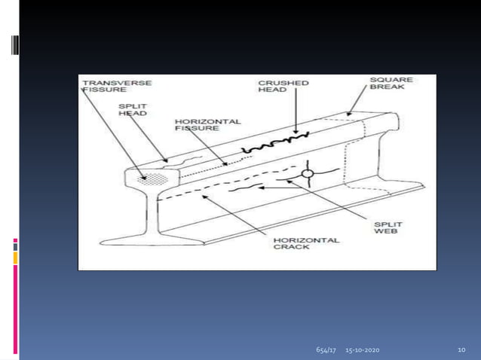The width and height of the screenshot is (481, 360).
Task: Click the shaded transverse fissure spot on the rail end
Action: click(153, 179)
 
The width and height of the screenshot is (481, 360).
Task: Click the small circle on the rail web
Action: click(308, 173)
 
